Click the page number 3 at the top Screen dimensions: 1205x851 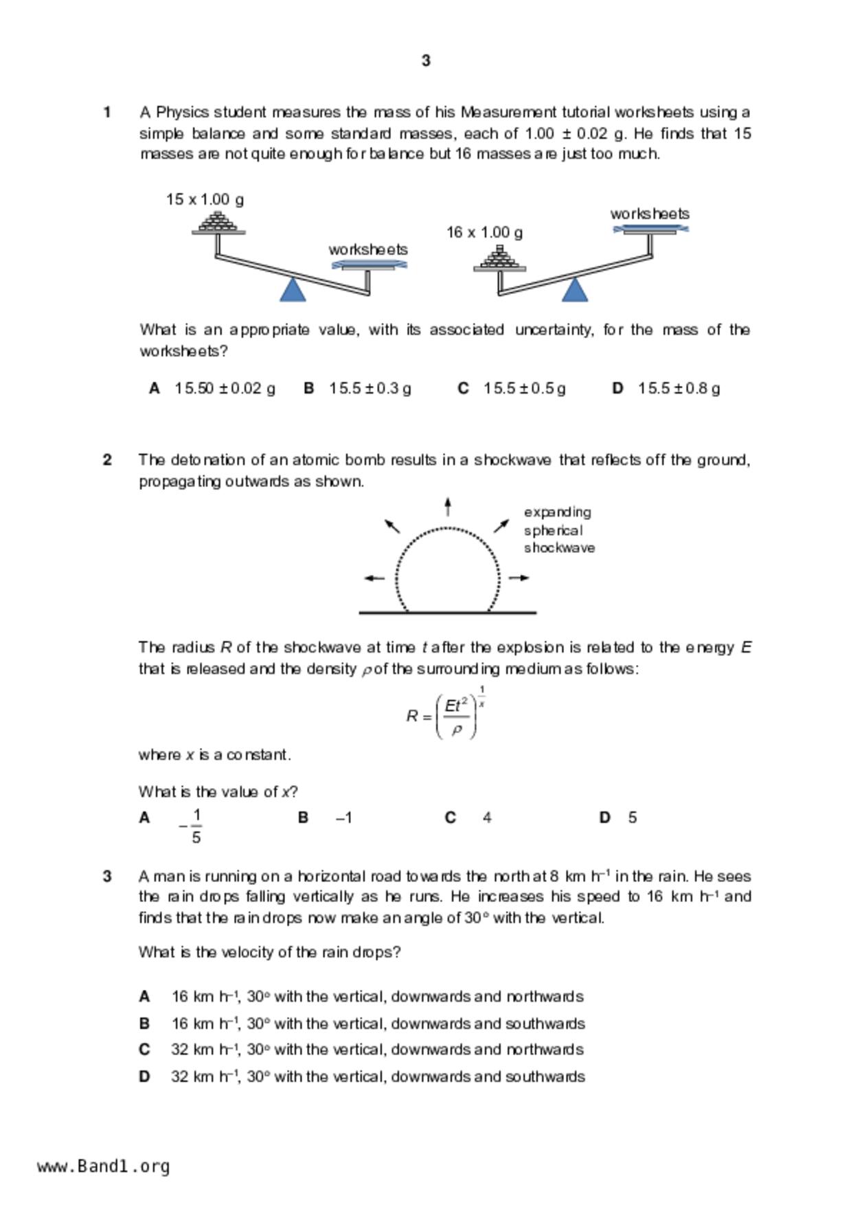click(426, 61)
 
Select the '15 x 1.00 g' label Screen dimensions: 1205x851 click(205, 200)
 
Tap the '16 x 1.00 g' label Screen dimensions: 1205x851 click(484, 233)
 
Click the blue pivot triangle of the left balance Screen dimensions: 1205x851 click(293, 289)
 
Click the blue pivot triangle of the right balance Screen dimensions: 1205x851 click(575, 289)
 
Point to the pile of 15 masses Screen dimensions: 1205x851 click(218, 221)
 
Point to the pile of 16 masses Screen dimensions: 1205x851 click(499, 258)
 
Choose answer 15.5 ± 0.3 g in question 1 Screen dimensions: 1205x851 click(370, 389)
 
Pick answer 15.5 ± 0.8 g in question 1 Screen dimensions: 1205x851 click(679, 389)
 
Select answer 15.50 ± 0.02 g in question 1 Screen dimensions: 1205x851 click(225, 389)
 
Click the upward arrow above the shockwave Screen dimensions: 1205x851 click(448, 507)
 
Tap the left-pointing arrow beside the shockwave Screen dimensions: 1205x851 click(374, 578)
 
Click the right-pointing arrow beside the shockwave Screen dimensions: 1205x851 click(519, 578)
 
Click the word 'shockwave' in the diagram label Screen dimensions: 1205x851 click(559, 548)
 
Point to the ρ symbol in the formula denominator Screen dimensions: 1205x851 click(456, 730)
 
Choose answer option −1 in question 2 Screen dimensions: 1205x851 click(344, 818)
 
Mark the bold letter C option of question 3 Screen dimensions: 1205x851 click(144, 1050)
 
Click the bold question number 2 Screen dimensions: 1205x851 click(107, 460)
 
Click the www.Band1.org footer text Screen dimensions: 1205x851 click(104, 1167)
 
